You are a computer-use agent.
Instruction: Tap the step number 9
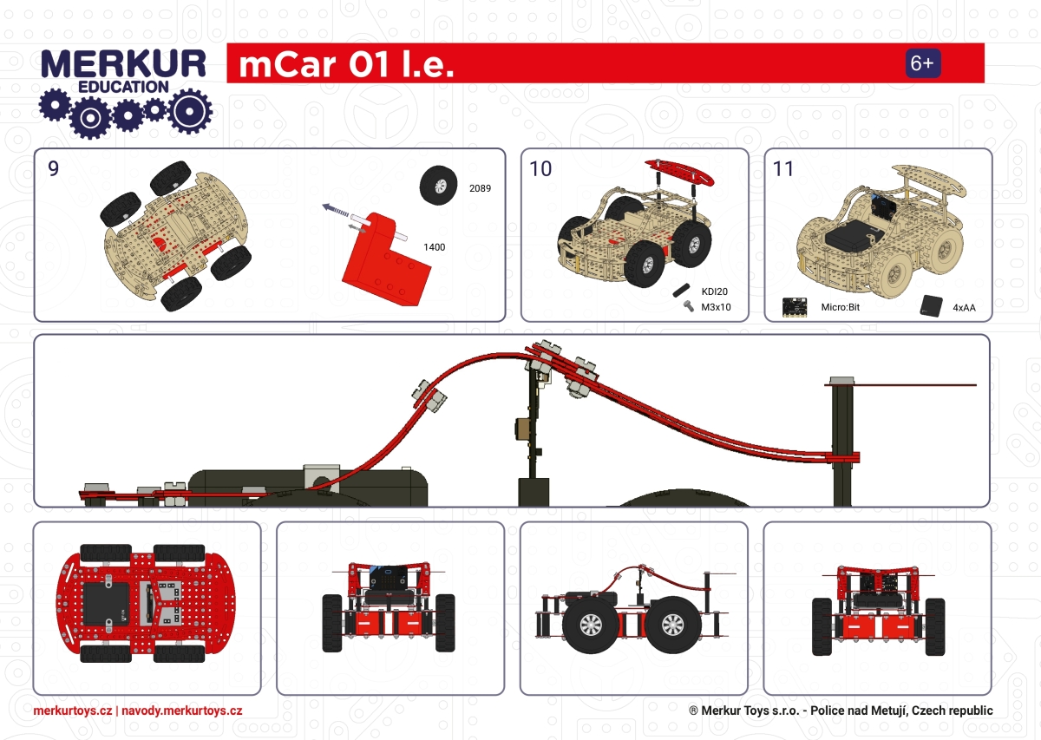click(54, 168)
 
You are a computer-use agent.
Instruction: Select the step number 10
click(540, 168)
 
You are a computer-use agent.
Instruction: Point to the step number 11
click(782, 168)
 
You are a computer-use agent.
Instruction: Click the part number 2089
click(480, 187)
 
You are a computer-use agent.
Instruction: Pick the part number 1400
click(434, 247)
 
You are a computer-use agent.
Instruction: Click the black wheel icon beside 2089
click(440, 186)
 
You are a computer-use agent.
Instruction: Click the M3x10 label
click(717, 306)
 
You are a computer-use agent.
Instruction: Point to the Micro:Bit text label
click(840, 307)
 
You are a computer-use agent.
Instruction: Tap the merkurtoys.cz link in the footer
click(72, 711)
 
